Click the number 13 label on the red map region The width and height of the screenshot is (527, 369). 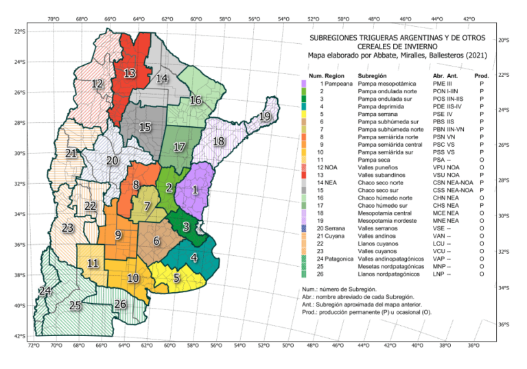129,73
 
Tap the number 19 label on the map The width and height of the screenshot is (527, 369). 266,118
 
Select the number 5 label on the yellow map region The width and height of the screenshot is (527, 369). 176,278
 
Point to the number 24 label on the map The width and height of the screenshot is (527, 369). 45,291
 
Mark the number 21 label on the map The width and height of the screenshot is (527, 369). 71,154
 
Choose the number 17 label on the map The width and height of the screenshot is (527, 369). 179,147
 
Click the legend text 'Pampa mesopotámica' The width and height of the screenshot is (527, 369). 387,82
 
